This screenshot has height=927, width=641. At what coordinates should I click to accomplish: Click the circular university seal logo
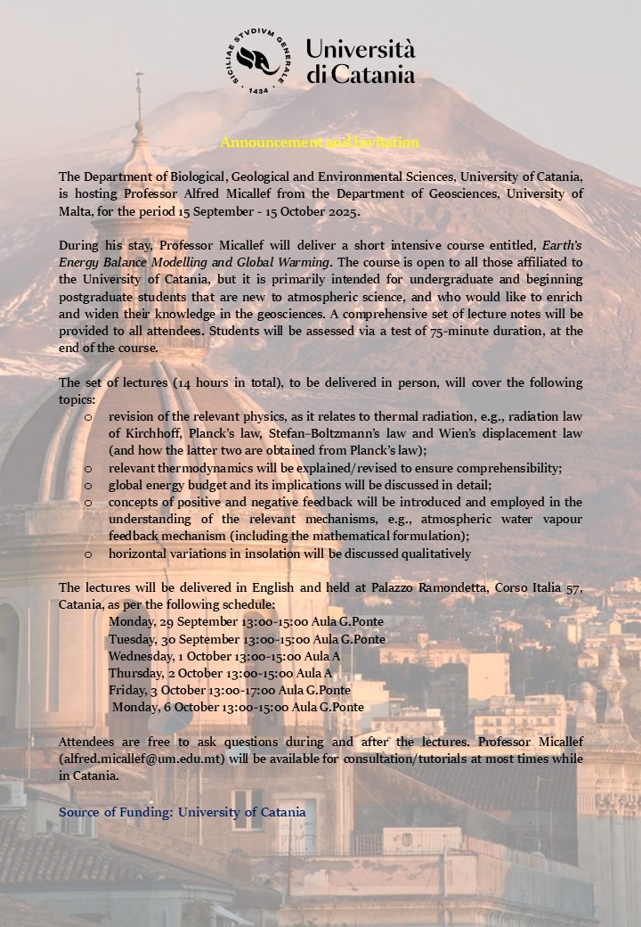point(259,61)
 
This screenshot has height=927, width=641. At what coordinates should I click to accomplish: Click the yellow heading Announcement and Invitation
point(320,143)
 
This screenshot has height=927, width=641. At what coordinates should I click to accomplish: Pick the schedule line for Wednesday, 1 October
point(224,656)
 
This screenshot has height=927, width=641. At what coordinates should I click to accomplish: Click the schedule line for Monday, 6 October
point(238,707)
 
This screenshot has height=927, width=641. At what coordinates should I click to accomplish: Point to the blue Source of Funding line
point(182,812)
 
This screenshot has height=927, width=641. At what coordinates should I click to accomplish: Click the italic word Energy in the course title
point(77,262)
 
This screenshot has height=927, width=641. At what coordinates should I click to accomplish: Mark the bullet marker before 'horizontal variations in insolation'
point(87,554)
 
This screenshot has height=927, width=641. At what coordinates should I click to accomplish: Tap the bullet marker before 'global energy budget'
point(87,485)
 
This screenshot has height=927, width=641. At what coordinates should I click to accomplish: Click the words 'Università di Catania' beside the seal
point(361,61)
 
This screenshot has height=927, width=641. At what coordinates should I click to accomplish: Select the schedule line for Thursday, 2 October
point(220,673)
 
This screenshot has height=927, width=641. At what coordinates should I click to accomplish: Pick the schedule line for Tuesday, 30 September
point(247,639)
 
